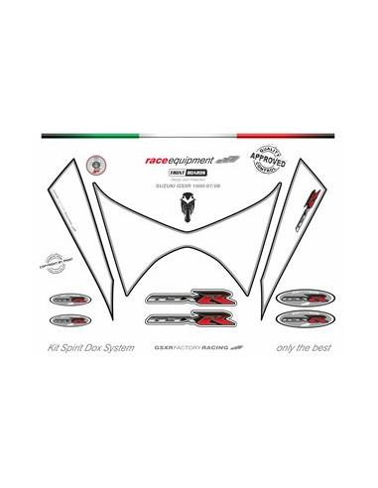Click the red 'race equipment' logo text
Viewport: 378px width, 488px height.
[179, 159]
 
